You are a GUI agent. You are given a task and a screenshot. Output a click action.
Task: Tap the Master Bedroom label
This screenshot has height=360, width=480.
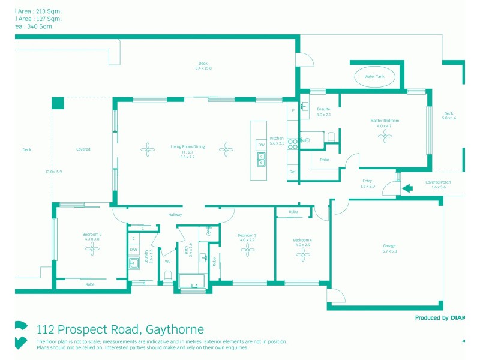[x=384, y=121]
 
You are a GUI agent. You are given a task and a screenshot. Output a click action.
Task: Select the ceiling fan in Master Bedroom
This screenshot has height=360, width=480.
[x=384, y=136]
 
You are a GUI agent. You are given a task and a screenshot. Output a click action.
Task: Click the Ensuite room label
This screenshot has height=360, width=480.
[x=323, y=109]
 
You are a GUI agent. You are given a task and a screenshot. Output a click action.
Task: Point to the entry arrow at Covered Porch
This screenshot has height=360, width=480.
[x=407, y=188]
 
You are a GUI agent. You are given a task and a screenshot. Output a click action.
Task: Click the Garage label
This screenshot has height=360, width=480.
[x=389, y=246]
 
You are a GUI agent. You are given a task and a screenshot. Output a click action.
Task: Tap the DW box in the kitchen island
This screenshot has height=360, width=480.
[x=261, y=145]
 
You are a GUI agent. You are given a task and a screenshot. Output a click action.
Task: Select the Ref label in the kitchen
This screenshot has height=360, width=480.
[x=293, y=172]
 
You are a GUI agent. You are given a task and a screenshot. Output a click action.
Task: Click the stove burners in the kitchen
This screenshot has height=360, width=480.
[x=293, y=144]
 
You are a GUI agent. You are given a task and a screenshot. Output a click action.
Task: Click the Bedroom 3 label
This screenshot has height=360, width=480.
[x=247, y=235]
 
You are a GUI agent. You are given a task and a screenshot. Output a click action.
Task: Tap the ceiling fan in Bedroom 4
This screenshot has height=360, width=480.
[x=302, y=254]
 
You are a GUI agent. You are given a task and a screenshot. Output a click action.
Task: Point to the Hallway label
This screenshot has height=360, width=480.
[x=175, y=215]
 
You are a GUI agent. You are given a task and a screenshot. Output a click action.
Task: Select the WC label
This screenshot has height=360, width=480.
[x=167, y=262]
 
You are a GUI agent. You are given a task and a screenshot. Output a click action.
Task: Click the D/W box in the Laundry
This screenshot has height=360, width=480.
[x=134, y=250]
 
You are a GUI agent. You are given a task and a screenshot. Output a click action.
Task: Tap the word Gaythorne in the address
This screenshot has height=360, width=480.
[x=173, y=329]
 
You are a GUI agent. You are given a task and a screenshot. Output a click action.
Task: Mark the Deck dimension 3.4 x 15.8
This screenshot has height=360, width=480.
[x=203, y=68]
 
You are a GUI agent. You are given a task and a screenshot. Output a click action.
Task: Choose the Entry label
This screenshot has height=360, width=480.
[x=367, y=181]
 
